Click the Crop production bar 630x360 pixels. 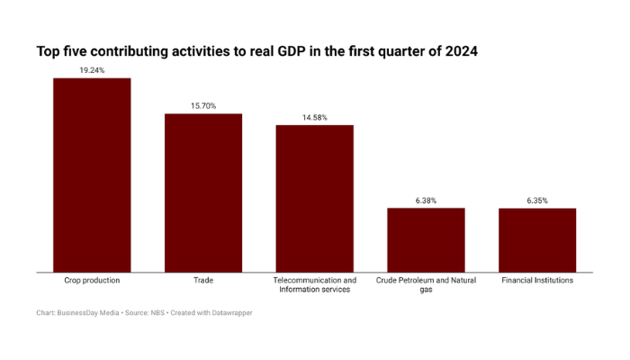pos(92,175)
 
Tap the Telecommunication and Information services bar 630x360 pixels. pos(314,198)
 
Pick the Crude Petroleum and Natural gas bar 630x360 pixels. pos(426,239)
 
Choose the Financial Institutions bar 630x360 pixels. pos(537,239)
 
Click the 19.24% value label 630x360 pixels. pos(92,69)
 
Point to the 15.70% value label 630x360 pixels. pos(202,105)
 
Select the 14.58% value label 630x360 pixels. pos(314,117)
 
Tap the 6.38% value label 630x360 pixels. pos(426,200)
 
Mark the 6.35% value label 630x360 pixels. pos(537,200)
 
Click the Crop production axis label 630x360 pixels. pos(92,281)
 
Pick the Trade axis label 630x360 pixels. pos(202,281)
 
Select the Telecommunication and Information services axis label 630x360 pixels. pos(314,285)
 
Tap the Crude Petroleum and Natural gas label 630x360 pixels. pos(426,285)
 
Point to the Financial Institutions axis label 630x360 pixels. pos(537,281)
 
